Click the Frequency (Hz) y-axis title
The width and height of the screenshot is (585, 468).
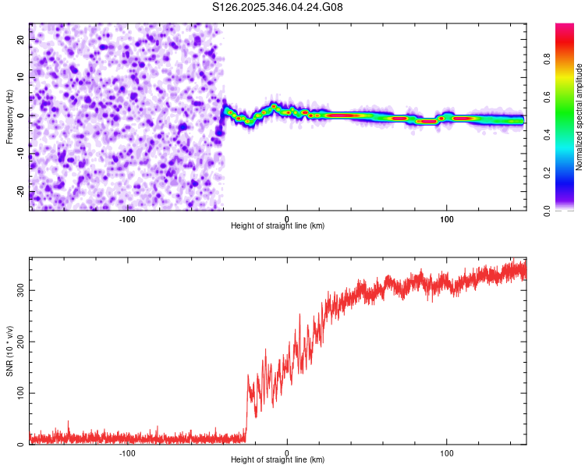(x=10, y=117)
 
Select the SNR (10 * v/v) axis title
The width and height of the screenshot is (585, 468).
(x=10, y=351)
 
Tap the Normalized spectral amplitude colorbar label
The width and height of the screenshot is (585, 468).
(x=580, y=117)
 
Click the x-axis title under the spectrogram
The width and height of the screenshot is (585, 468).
(x=278, y=225)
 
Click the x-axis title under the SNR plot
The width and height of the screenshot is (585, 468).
(x=278, y=460)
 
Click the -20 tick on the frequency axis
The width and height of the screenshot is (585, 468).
(x=21, y=192)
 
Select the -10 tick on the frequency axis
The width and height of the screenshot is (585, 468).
(x=21, y=154)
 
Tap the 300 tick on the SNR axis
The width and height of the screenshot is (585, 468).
(x=19, y=289)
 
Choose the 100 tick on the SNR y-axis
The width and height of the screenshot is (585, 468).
(x=19, y=393)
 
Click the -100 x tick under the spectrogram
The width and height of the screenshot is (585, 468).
(x=127, y=218)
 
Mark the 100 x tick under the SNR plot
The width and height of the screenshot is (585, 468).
(x=447, y=452)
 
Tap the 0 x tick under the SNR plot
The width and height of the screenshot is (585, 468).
(x=287, y=452)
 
